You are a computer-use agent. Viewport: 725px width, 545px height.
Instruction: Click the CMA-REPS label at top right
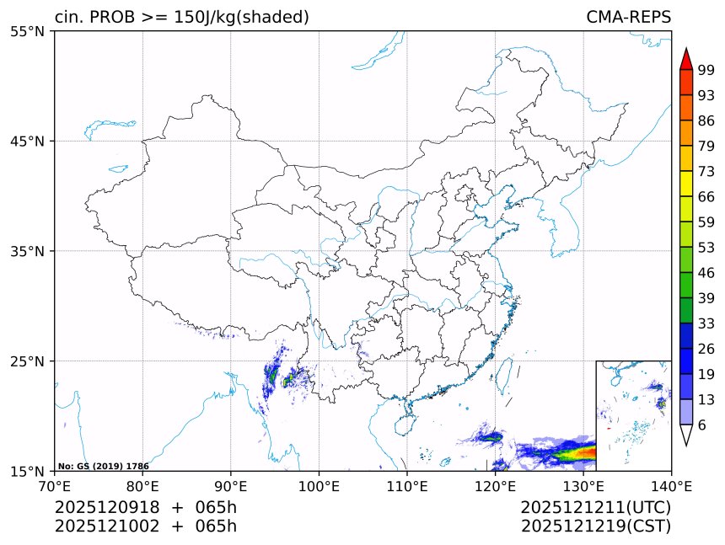[x=628, y=17]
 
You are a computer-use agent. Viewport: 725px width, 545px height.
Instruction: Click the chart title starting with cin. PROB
[x=181, y=17]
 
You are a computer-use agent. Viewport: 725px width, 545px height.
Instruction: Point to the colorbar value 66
[x=706, y=196]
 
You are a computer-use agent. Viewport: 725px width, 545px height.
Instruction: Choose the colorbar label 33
[x=706, y=323]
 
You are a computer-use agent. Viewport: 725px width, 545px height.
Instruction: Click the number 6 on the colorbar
[x=702, y=425]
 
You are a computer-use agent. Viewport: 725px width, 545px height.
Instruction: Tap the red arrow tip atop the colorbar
[x=685, y=59]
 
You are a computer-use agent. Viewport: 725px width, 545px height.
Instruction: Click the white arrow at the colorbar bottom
[x=685, y=435]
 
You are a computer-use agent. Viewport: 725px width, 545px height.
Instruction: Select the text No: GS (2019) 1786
[x=103, y=466]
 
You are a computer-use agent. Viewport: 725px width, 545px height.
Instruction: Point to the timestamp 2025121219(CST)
[x=595, y=526]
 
